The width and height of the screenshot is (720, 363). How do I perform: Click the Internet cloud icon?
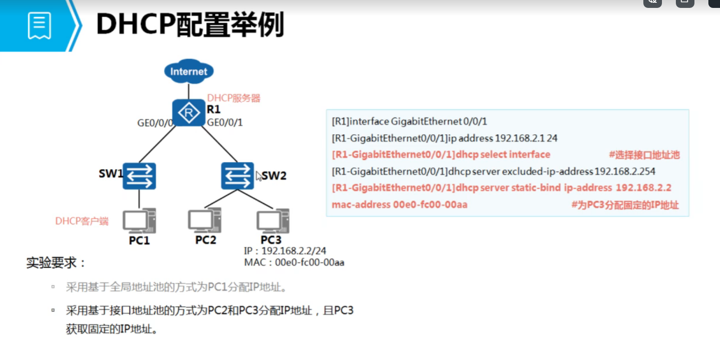[189, 72]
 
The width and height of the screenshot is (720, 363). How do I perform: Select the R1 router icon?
[188, 112]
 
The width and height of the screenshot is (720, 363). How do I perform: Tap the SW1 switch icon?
[139, 176]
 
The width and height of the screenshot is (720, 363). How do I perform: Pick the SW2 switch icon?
[237, 176]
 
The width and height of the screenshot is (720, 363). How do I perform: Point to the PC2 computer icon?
[204, 220]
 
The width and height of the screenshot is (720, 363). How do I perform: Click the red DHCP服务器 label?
[234, 98]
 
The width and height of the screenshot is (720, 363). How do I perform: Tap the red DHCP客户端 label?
[82, 221]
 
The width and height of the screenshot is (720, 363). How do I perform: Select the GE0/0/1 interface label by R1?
[225, 123]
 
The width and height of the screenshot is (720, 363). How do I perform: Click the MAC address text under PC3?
[294, 263]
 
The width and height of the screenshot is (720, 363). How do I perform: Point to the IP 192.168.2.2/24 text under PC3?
[285, 251]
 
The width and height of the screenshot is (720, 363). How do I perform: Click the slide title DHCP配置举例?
[190, 26]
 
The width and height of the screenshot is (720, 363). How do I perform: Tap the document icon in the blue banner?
[39, 26]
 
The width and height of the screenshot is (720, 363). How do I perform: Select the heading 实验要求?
[56, 263]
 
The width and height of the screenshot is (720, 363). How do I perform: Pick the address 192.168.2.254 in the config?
[625, 172]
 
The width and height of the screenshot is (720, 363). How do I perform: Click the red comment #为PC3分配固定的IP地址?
[625, 205]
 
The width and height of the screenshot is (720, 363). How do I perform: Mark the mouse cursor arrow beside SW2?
[259, 177]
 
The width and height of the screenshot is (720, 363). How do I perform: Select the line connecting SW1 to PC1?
[139, 199]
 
